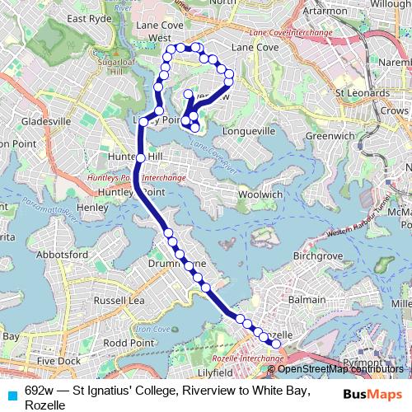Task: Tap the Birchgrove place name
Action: pos(316,255)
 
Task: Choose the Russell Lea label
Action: pos(120,300)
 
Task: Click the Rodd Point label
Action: pos(128,342)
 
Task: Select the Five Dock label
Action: pos(58,361)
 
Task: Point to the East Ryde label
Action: pos(88,18)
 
